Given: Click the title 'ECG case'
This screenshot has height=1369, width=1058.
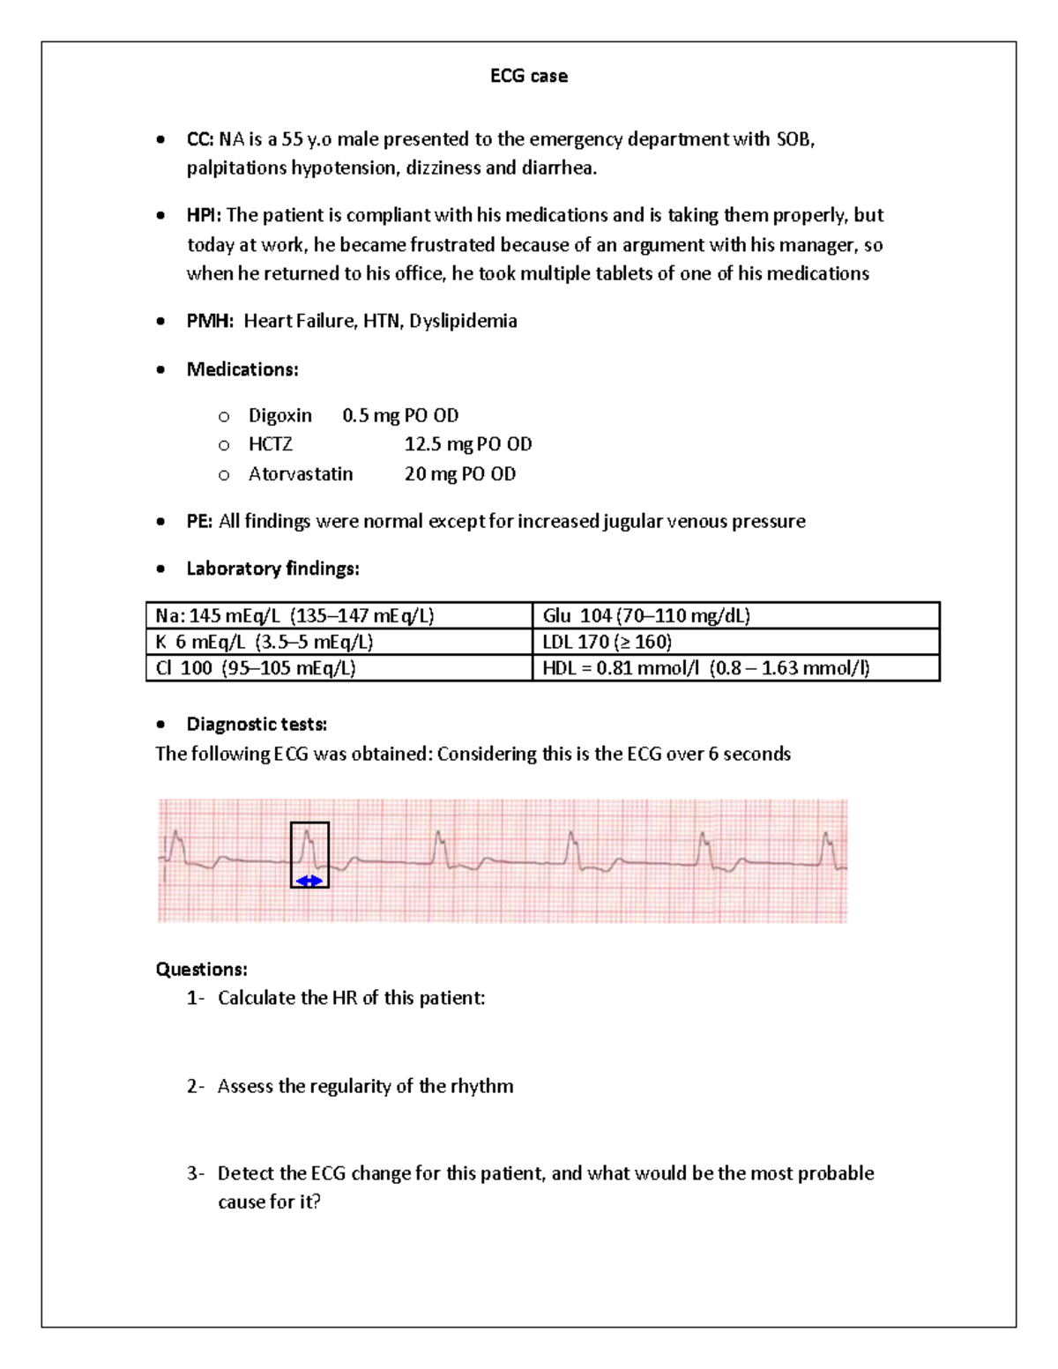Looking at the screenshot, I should click(528, 77).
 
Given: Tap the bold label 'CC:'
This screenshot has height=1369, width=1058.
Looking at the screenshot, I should click(200, 139).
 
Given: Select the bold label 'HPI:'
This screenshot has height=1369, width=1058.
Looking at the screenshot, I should click(205, 216).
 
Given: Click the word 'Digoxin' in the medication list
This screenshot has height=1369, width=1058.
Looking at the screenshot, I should click(279, 415).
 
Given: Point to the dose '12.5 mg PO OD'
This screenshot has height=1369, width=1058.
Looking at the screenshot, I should click(467, 444).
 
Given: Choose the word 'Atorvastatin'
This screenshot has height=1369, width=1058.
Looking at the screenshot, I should click(300, 474).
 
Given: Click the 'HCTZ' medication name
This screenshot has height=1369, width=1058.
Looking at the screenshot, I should click(270, 444).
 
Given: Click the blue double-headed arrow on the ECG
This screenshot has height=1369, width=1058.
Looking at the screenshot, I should click(309, 881).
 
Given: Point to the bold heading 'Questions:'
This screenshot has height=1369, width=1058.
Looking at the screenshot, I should click(201, 970).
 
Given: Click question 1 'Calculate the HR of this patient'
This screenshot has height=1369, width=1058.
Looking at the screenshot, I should click(351, 998).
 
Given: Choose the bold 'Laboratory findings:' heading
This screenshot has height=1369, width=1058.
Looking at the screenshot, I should click(272, 569).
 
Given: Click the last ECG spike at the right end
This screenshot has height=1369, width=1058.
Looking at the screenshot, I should click(827, 848).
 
